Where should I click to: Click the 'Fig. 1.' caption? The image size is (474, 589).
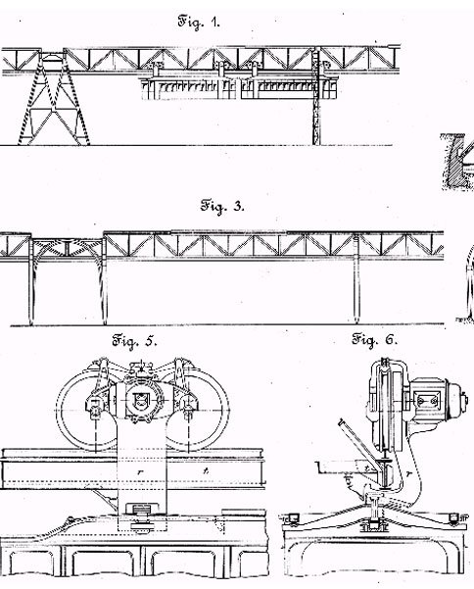tap(199, 22)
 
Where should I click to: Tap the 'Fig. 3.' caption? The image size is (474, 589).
tap(222, 206)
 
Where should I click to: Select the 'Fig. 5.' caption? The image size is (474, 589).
tap(134, 341)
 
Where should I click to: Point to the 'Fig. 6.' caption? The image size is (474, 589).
tap(374, 340)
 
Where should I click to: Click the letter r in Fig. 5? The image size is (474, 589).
tap(140, 471)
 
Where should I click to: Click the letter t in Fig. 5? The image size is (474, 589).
tap(206, 470)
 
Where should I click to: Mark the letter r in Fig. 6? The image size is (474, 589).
tap(408, 474)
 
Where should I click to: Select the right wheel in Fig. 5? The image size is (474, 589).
tap(225, 410)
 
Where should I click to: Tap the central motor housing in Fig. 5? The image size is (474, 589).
tap(140, 400)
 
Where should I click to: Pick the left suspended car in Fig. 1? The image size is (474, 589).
tap(189, 89)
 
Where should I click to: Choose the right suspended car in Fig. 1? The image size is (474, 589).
tap(288, 89)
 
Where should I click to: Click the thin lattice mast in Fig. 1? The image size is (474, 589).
tap(317, 97)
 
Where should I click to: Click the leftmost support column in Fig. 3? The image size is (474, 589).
tap(31, 280)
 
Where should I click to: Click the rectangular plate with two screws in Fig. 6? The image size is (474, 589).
tap(427, 400)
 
